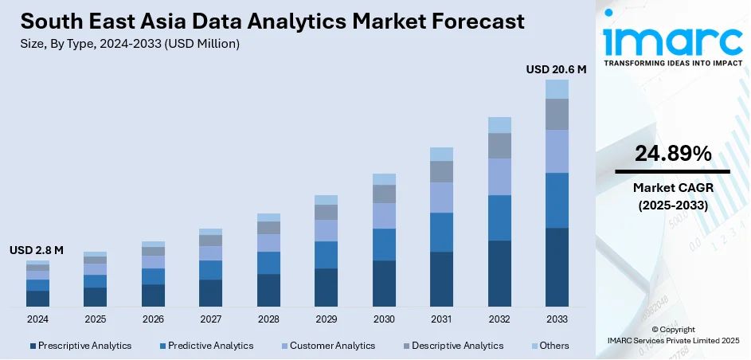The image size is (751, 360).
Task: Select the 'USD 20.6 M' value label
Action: click(556, 69)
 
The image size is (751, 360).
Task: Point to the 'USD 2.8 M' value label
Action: click(37, 250)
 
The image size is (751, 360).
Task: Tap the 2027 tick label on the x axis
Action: click(211, 319)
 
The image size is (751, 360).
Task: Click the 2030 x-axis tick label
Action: click(384, 319)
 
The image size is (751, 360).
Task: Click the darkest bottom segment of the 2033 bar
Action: click(557, 267)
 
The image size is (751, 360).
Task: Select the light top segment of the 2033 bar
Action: click(557, 88)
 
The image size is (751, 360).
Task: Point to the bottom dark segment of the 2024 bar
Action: click(37, 299)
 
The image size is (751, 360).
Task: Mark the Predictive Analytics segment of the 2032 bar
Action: click(499, 217)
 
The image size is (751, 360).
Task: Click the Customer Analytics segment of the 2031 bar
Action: click(441, 198)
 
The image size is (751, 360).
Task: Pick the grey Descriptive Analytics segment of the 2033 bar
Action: click(557, 114)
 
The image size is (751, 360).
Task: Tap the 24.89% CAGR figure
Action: click(673, 155)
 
